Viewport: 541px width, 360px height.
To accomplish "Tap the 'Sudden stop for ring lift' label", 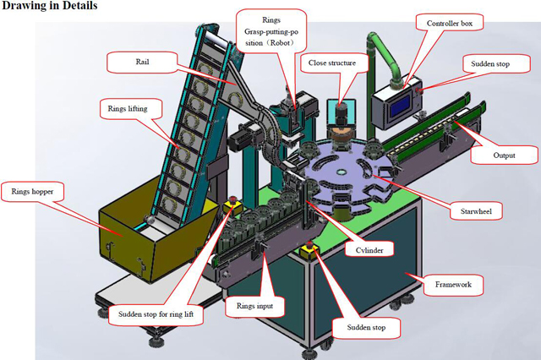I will (156, 314).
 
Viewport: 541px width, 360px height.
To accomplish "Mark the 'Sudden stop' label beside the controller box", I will (489, 64).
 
